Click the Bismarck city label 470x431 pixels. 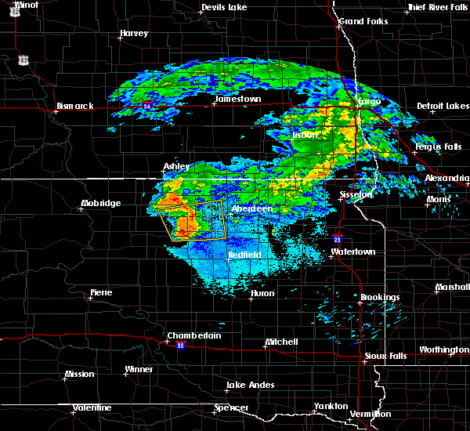coord(75,106)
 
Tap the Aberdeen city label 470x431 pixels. coord(252,209)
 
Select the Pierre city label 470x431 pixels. coord(101,292)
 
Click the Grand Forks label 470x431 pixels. coord(363,20)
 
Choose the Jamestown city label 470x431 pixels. coord(238,100)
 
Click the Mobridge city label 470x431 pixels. coord(101,204)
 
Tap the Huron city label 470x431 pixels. coord(262,294)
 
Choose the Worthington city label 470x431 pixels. coord(444,350)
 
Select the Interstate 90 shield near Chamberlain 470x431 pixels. coord(181,346)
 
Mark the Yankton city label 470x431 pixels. coord(331,406)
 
